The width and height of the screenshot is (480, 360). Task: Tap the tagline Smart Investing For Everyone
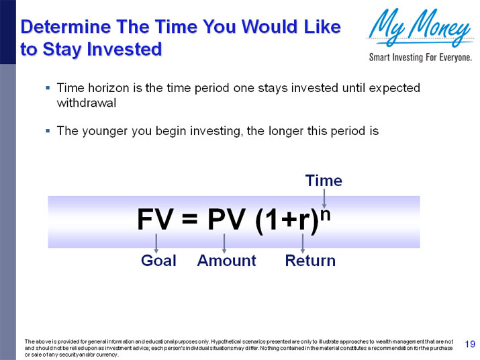coord(420,58)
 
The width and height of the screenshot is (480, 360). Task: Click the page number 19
coord(470,345)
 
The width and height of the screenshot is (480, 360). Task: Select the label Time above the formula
coord(324,181)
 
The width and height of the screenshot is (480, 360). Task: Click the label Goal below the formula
coord(158,261)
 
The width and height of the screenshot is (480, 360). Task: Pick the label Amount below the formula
coord(226,261)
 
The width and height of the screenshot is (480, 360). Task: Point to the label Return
coord(310,261)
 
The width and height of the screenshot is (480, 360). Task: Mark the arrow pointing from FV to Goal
coord(156,242)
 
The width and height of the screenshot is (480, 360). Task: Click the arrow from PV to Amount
coord(224,242)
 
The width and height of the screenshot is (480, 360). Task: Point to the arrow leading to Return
coord(303,242)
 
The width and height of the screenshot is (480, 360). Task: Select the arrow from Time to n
coord(324,197)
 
